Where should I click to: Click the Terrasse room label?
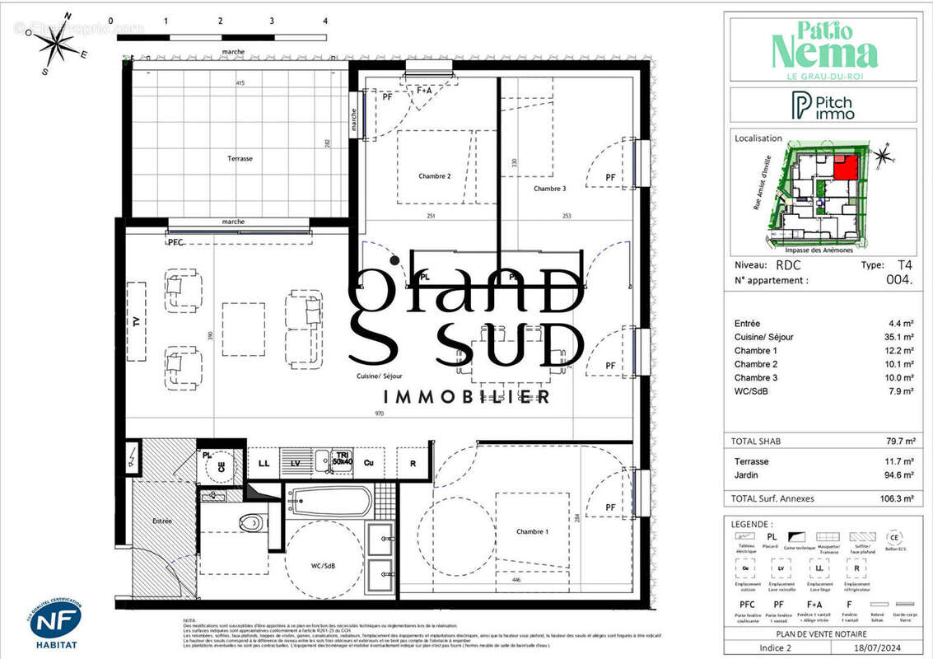point(240,158)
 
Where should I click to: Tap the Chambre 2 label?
point(435,176)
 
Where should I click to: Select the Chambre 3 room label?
point(549,189)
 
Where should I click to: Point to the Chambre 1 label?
point(532,531)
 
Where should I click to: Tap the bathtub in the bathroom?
point(329,501)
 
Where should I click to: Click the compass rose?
point(57,46)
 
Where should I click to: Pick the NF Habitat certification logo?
point(55,621)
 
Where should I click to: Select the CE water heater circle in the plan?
point(220,465)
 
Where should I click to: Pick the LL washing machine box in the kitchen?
point(264,464)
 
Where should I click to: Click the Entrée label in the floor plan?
point(163,521)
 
